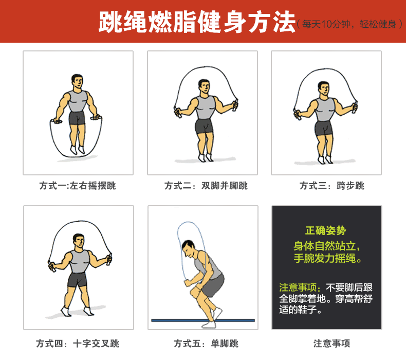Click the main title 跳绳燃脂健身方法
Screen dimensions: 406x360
[197, 22]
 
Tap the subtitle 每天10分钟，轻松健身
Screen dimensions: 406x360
[349, 24]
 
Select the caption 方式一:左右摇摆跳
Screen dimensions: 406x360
[78, 186]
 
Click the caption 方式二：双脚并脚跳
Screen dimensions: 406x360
[206, 186]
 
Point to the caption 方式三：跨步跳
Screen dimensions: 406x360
[332, 186]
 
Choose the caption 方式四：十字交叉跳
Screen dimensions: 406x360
[78, 344]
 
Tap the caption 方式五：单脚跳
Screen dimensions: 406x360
[206, 344]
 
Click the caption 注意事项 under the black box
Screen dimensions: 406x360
[331, 344]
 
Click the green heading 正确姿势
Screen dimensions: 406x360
[325, 230]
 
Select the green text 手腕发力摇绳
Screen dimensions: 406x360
[325, 258]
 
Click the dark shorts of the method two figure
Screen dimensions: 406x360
[205, 127]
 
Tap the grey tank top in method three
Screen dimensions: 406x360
[325, 110]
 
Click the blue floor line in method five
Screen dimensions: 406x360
[203, 320]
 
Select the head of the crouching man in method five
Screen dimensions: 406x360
[189, 249]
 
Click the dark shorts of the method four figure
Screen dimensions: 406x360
[77, 280]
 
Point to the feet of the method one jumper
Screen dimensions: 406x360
[78, 150]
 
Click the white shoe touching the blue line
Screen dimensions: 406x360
[209, 325]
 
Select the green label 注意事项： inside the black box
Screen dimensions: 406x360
[300, 287]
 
